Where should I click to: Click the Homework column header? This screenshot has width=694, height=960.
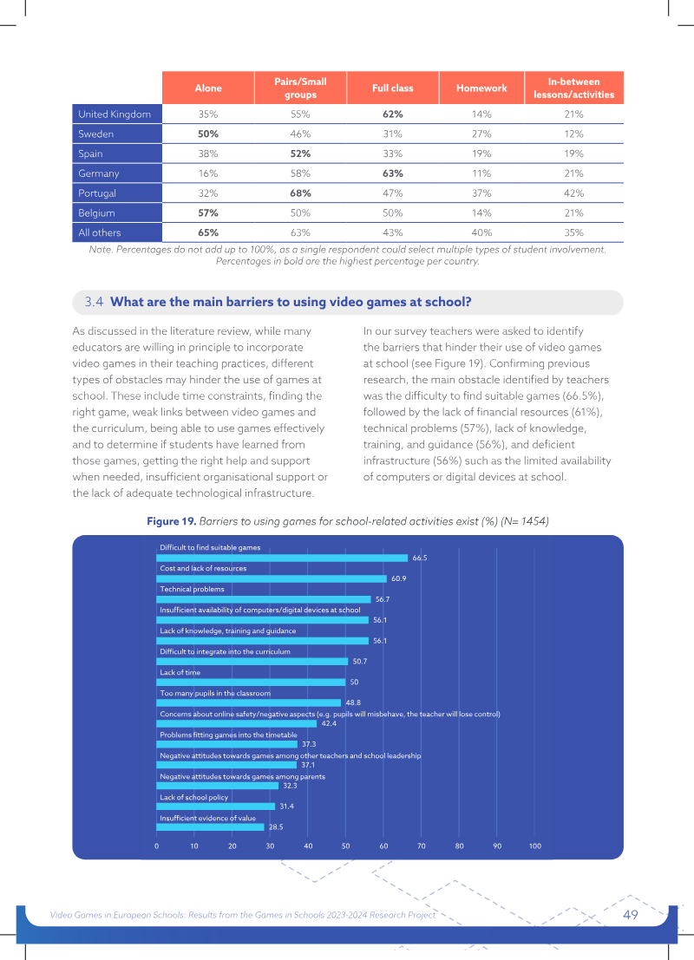tap(481, 88)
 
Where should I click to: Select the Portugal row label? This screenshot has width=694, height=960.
tap(97, 193)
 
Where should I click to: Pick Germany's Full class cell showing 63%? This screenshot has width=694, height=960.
tap(393, 173)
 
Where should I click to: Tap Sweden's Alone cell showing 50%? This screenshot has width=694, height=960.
tap(208, 134)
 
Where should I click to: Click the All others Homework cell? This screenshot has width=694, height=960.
tap(481, 232)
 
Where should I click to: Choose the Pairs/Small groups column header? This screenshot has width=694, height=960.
tap(300, 88)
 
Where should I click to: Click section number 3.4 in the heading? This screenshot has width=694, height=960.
tap(94, 302)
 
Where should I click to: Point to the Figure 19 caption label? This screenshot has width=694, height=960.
tap(172, 522)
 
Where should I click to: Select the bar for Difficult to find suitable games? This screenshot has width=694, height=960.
tap(282, 558)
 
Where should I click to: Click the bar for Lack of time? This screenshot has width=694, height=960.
tap(251, 682)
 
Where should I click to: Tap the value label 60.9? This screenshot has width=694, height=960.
tap(399, 578)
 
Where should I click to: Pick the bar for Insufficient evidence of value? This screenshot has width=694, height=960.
tap(210, 827)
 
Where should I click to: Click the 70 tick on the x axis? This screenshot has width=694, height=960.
tap(422, 846)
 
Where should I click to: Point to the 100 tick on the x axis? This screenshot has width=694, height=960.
tap(534, 846)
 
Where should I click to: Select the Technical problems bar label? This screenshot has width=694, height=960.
tap(192, 589)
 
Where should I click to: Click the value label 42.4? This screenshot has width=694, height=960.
tap(329, 723)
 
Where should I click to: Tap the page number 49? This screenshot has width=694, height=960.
tap(631, 915)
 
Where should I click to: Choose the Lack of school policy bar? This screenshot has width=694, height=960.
tap(216, 807)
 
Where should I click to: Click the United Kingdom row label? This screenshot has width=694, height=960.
tap(114, 114)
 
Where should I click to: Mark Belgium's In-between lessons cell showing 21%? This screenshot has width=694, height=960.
tap(574, 213)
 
